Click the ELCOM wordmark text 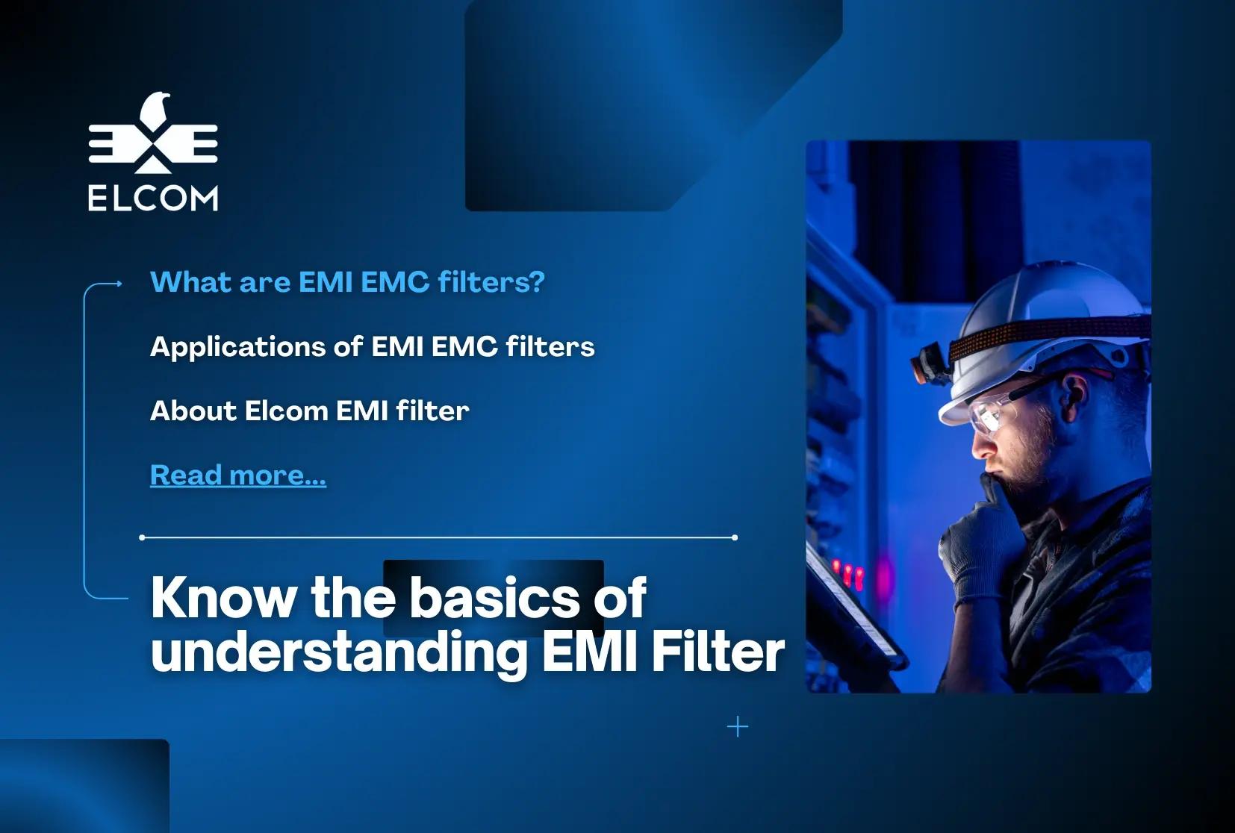coord(153,198)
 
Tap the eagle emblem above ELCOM coord(153,133)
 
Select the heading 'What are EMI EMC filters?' coord(347,282)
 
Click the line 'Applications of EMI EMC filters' coord(372,347)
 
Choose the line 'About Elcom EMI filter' coord(309,411)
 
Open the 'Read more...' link coord(238,475)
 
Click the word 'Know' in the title coord(223,598)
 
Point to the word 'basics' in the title coord(494,598)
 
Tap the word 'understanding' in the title coord(339,652)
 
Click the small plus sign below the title coord(738,727)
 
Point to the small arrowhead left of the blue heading coord(118,284)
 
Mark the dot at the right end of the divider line coord(735,537)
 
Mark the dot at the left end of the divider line coord(143,537)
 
